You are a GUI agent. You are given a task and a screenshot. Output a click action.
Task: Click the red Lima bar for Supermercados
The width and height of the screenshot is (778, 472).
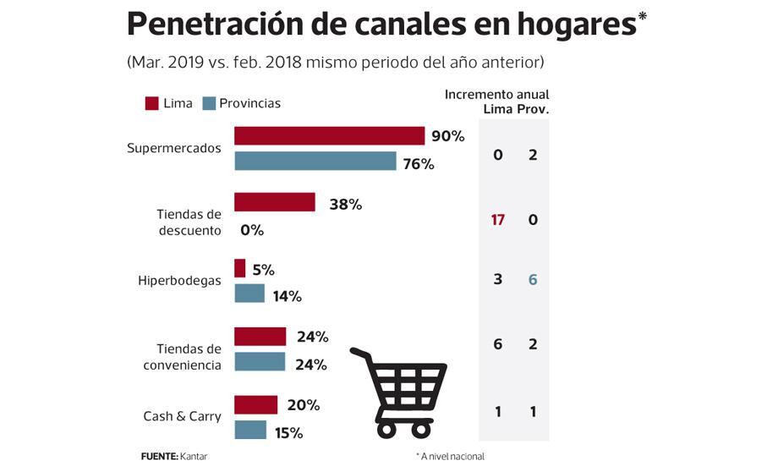click(329, 136)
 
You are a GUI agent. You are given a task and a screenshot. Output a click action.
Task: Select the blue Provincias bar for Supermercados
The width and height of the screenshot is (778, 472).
click(315, 162)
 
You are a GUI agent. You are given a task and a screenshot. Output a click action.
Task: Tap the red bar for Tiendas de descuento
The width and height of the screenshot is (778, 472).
click(274, 202)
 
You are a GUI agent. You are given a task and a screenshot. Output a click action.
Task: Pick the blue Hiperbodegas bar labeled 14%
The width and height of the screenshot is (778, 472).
click(249, 294)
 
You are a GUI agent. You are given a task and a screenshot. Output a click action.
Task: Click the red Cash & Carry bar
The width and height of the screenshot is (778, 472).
click(255, 405)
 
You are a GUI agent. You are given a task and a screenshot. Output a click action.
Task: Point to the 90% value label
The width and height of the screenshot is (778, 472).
click(447, 136)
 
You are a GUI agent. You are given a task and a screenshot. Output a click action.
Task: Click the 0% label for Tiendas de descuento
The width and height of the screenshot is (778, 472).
click(252, 229)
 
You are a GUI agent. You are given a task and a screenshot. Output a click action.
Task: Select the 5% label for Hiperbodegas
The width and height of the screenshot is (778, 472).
click(263, 270)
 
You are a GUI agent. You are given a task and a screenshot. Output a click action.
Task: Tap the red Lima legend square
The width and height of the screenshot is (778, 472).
click(152, 103)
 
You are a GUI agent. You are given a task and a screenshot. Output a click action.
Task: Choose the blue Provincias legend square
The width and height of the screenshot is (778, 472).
click(209, 103)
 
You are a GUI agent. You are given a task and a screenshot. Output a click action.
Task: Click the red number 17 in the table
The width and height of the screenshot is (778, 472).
click(497, 220)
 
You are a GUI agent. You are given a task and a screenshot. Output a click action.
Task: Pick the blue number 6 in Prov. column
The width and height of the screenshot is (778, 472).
click(533, 279)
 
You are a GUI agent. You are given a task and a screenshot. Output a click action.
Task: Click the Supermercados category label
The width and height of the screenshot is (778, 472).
click(173, 148)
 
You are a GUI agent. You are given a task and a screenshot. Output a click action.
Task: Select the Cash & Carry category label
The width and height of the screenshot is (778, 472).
click(182, 416)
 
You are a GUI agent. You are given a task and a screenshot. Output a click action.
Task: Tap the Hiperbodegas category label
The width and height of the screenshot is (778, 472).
click(179, 281)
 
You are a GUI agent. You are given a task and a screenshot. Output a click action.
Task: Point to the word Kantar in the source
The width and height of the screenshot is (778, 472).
click(193, 457)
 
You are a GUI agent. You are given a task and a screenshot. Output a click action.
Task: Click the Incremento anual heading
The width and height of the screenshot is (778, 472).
click(496, 95)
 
